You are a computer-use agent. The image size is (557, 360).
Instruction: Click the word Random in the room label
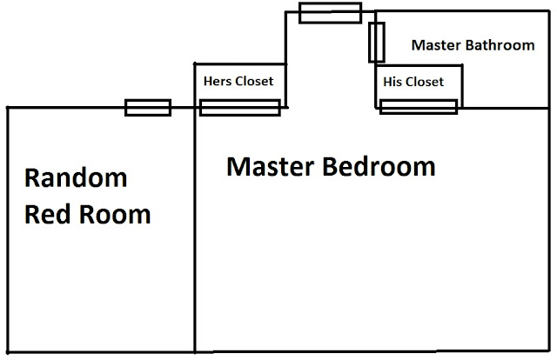tap(76, 179)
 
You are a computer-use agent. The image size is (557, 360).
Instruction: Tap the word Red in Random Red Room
tap(44, 214)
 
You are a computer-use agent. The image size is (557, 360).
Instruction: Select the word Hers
tap(217, 82)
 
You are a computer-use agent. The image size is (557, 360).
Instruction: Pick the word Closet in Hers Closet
tap(254, 82)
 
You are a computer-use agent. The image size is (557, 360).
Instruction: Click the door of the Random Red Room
tap(147, 108)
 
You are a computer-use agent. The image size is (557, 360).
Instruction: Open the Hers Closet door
tap(239, 108)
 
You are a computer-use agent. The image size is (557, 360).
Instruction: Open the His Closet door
tap(419, 107)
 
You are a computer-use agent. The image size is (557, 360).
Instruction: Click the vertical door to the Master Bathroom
tap(377, 43)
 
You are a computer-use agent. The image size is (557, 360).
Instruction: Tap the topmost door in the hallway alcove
tap(330, 12)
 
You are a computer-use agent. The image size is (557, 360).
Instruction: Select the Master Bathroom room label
tap(473, 45)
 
